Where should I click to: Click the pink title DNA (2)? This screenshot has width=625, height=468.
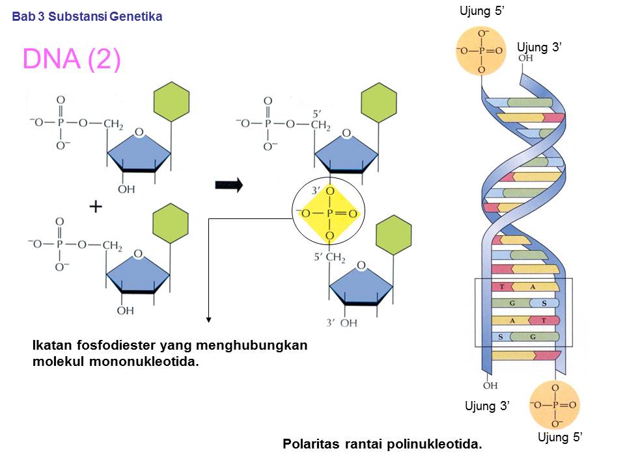72,59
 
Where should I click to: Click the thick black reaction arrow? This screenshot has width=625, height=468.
229,186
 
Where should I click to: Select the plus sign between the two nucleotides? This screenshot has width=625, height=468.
96,207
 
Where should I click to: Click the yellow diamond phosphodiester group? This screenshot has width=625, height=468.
329,213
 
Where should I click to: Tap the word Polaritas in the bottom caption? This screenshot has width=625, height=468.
310,445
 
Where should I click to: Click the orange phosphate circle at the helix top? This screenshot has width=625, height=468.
480,51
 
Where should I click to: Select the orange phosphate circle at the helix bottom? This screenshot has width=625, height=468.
554,404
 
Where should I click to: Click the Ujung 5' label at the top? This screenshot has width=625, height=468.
482,11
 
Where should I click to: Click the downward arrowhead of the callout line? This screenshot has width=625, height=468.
209,318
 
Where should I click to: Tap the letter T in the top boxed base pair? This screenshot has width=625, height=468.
502,287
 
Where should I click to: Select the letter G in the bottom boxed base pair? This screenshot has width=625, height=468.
533,336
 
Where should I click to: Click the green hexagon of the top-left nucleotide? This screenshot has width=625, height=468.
171,103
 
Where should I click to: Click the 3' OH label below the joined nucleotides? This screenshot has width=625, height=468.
342,322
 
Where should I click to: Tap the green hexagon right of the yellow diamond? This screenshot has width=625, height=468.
394,234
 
